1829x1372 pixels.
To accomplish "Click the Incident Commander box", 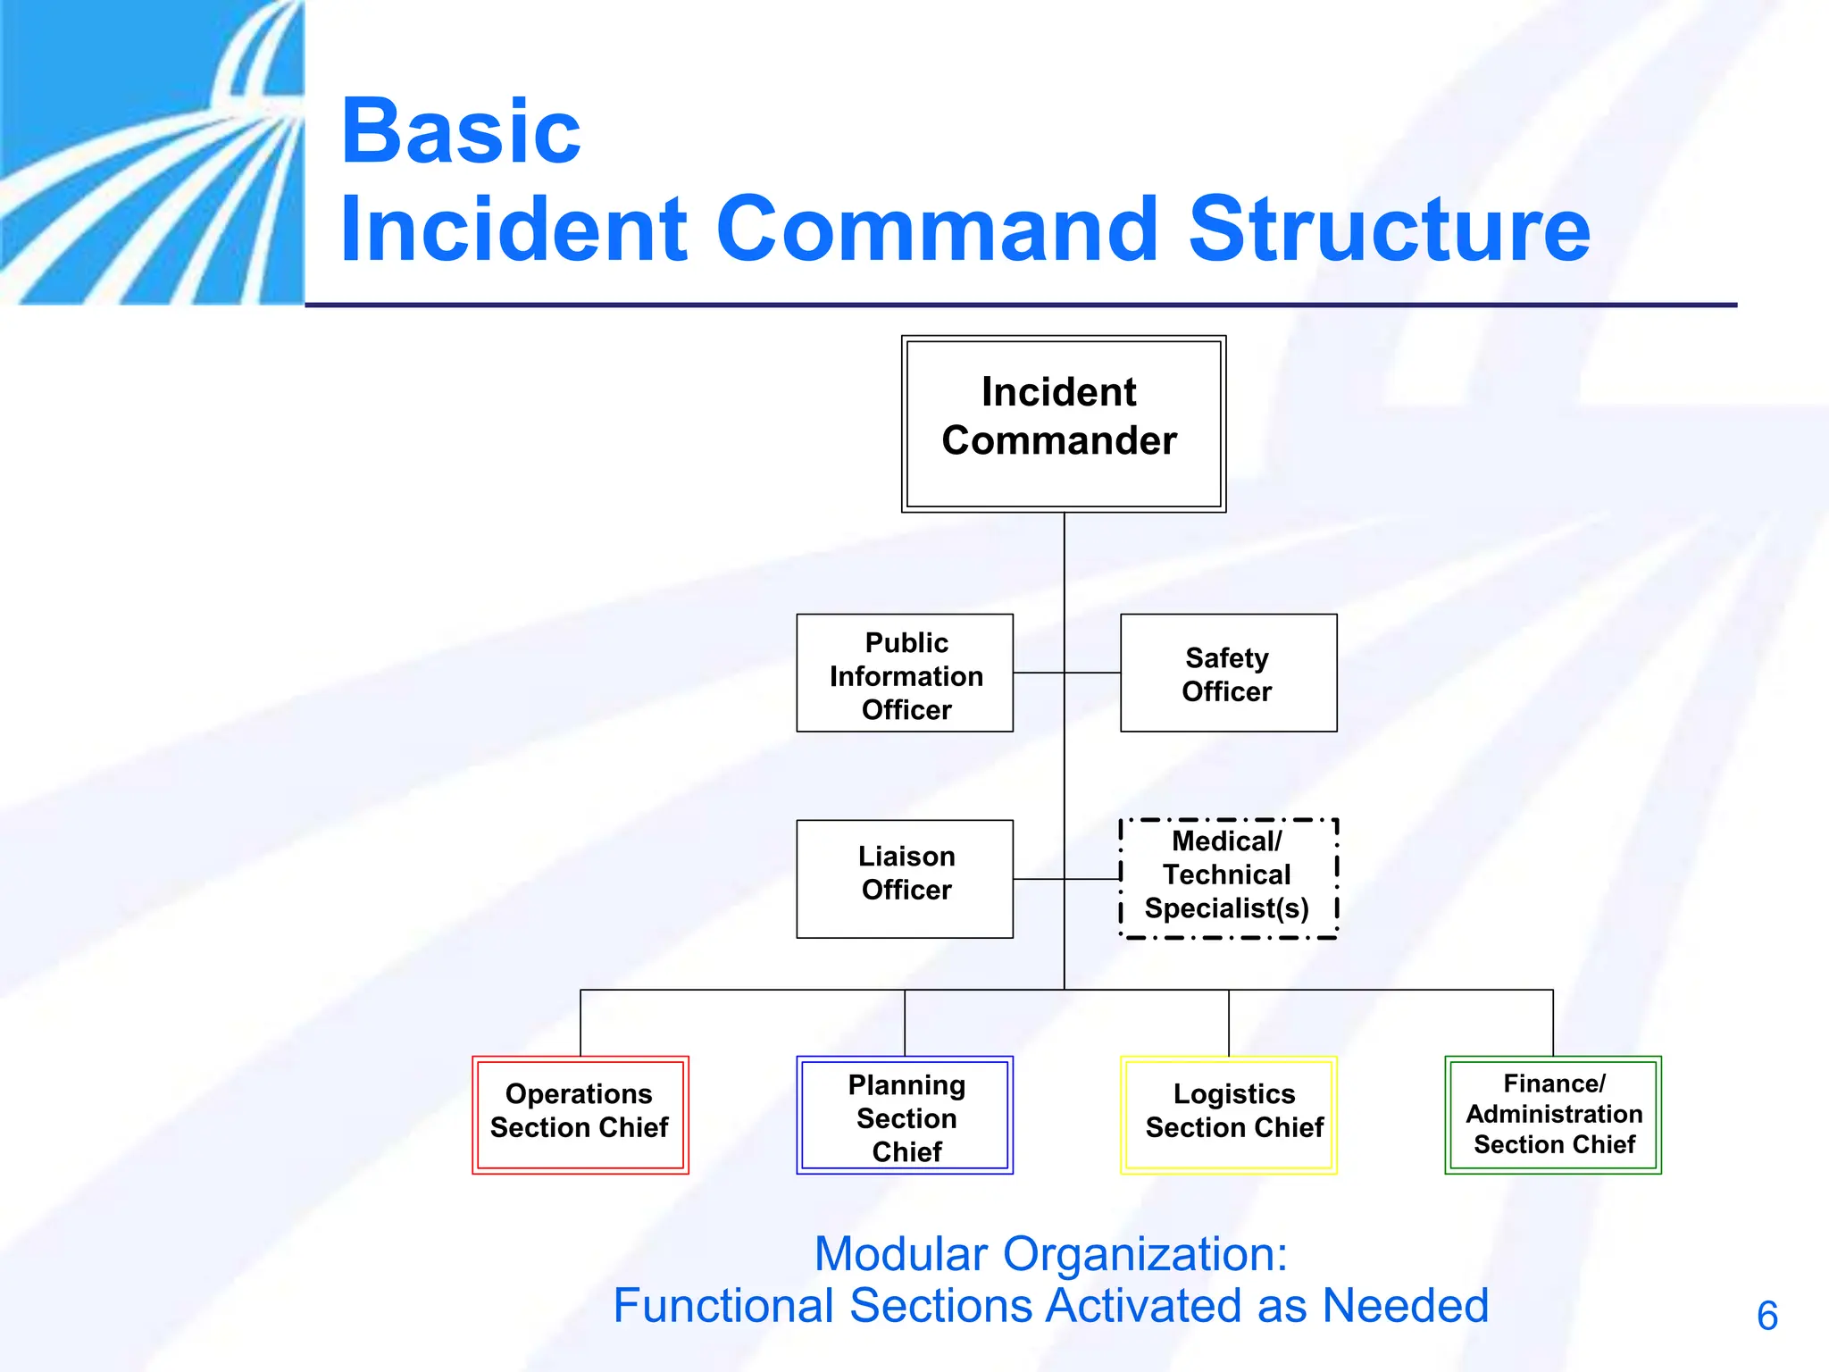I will pos(1063,423).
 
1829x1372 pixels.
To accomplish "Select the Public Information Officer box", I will pos(905,673).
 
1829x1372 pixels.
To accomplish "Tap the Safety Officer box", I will pos(1228,673).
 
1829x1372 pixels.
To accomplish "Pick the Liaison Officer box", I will pos(905,879).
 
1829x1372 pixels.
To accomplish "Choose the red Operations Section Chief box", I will pos(580,1115).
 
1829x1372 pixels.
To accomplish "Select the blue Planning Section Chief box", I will pos(905,1115).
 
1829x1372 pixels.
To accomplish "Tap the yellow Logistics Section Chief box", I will pos(1229,1115).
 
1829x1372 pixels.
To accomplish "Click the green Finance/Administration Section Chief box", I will pos(1553,1115).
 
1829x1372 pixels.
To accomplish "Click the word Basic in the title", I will pos(461,132).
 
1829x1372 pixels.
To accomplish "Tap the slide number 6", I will pos(1766,1316).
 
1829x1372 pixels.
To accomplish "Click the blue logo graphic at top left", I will pos(152,152).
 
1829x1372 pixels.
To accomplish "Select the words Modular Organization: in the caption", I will pos(1050,1254).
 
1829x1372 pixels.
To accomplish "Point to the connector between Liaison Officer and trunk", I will pos(1039,879).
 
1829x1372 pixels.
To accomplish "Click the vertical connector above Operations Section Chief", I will pos(580,1023).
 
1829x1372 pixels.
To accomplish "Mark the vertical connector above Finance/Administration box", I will pos(1553,1023).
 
